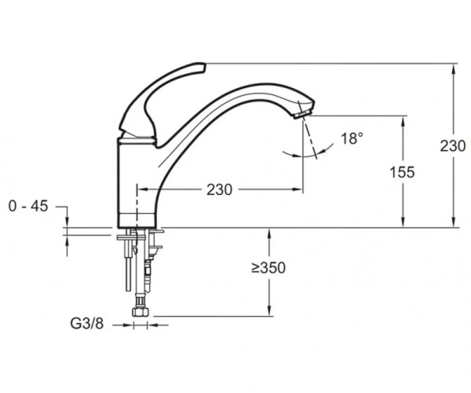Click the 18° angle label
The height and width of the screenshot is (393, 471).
(x=352, y=139)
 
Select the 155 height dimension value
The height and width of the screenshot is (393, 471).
(x=402, y=173)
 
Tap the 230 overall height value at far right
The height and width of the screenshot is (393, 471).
(x=453, y=146)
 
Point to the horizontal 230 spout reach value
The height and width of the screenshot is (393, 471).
(x=219, y=189)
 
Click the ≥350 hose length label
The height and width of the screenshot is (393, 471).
(x=268, y=268)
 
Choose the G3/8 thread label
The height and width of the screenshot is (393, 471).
(x=87, y=324)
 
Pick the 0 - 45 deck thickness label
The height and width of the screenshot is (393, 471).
(x=28, y=206)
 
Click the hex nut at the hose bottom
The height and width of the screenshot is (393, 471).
(x=141, y=312)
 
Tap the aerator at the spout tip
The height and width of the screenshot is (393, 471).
(x=302, y=114)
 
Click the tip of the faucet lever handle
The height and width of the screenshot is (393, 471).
(x=203, y=67)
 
